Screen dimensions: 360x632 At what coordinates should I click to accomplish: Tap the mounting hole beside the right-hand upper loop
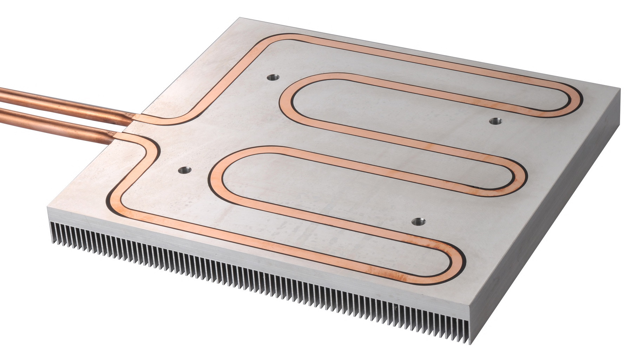(x=495, y=121)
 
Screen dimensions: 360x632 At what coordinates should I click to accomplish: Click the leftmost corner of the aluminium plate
(x=48, y=208)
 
